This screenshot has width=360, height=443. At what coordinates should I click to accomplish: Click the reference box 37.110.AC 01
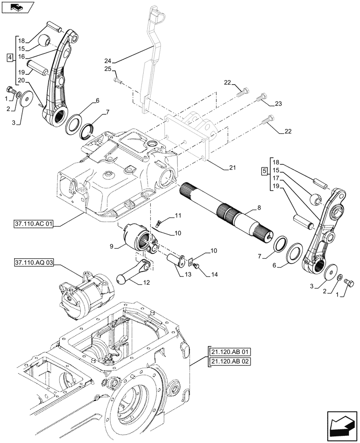click(x=33, y=225)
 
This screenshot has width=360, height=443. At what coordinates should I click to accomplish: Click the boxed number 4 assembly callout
click(x=10, y=58)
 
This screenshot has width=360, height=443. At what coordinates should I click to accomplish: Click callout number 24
click(x=108, y=61)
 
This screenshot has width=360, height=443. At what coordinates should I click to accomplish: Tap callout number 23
click(x=278, y=104)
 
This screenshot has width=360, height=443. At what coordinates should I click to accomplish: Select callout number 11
click(x=178, y=215)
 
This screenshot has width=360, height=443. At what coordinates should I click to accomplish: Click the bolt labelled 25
click(x=117, y=80)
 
